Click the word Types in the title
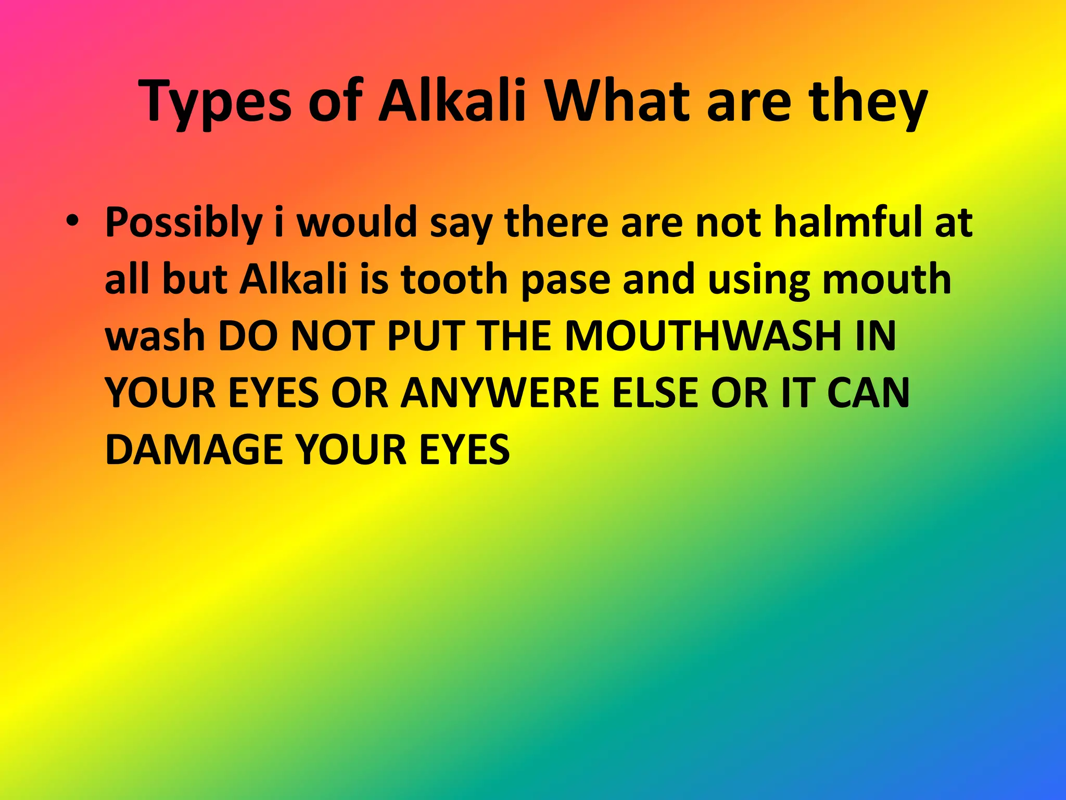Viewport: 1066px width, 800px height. pos(215,102)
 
